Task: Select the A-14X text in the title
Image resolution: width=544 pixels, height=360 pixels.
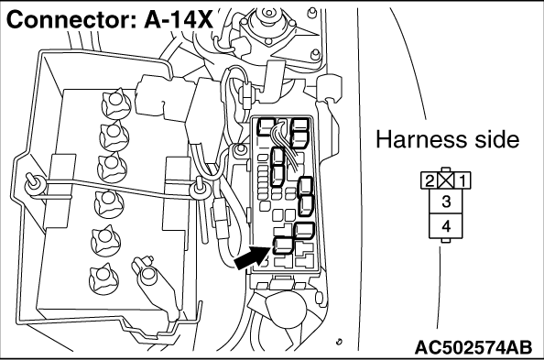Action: point(179,20)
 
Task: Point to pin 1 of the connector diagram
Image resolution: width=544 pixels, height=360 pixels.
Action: point(462,180)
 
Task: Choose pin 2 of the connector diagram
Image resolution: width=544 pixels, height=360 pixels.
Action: point(430,180)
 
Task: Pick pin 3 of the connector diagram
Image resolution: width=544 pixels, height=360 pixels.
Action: point(446,202)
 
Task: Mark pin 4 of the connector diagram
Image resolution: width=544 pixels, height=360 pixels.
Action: point(446,226)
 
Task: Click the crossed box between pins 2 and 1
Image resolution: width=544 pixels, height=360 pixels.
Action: point(446,180)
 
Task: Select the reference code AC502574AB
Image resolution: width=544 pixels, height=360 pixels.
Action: point(473,347)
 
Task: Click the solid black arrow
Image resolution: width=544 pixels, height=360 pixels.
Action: point(252,257)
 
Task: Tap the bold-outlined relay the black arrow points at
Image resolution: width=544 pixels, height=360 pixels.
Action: point(283,245)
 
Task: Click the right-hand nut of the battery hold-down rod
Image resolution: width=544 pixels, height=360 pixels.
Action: point(199,189)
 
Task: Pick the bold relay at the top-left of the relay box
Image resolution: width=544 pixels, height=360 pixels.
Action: point(266,126)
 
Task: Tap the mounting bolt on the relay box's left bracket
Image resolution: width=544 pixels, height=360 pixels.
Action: point(239,149)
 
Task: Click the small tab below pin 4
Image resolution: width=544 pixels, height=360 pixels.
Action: point(446,241)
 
